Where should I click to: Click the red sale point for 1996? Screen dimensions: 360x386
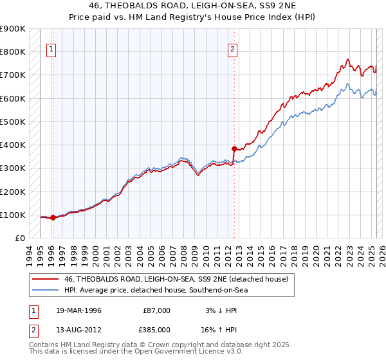[x=53, y=218]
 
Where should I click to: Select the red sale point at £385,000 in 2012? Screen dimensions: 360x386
[x=234, y=148]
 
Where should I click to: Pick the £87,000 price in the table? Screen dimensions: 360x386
[x=157, y=310]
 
